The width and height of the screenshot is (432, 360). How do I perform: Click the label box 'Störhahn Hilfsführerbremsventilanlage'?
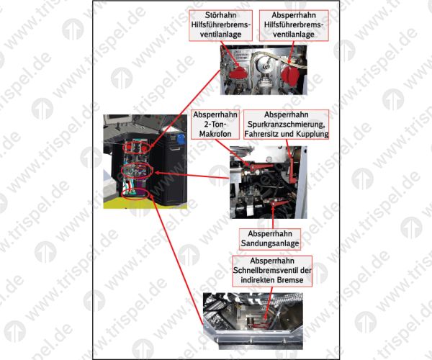(220, 26)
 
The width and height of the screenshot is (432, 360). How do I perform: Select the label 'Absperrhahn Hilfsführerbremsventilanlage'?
(294, 26)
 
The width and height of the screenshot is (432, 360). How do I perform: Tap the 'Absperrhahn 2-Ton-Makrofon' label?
(215, 125)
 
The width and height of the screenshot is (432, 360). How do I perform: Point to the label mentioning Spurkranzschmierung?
(287, 125)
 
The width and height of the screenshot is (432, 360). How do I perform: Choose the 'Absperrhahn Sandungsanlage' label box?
(270, 239)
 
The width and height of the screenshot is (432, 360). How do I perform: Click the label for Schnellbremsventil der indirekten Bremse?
(272, 271)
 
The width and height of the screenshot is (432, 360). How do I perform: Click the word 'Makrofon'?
(215, 134)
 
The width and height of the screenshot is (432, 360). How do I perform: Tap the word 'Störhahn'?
(221, 15)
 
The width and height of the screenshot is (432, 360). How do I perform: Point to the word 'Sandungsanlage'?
(270, 243)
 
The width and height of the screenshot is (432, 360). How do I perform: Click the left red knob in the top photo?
(238, 73)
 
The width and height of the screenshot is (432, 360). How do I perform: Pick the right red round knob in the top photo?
(290, 75)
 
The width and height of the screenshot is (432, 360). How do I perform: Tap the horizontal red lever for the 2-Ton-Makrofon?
(261, 166)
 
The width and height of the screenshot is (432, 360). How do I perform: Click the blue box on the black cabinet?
(181, 139)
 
